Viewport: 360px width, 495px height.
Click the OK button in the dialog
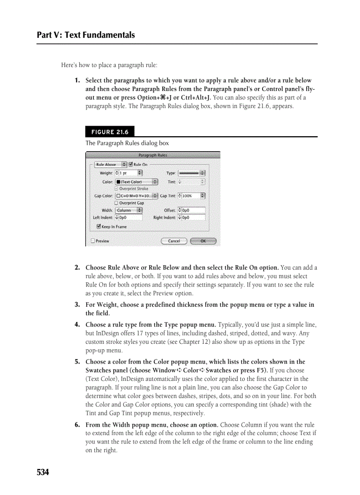click(x=203, y=241)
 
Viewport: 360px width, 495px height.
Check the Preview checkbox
click(x=93, y=241)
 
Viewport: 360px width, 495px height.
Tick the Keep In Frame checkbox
click(x=99, y=227)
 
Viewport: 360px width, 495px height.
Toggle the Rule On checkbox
click(x=131, y=164)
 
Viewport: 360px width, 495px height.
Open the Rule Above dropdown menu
click(x=111, y=164)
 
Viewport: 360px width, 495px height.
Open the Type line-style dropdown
click(x=191, y=173)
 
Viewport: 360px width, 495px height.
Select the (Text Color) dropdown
click(x=136, y=182)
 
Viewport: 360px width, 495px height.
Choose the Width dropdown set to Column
click(x=128, y=210)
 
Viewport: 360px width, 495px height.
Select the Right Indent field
click(x=193, y=217)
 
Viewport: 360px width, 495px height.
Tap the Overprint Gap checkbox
click(x=116, y=203)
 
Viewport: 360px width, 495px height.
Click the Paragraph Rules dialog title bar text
click(x=153, y=155)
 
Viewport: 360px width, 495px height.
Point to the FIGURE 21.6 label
click(x=110, y=132)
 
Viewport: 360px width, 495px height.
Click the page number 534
click(x=43, y=473)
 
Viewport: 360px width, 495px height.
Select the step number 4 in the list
click(x=77, y=325)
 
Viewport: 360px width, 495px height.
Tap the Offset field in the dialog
click(x=193, y=210)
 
